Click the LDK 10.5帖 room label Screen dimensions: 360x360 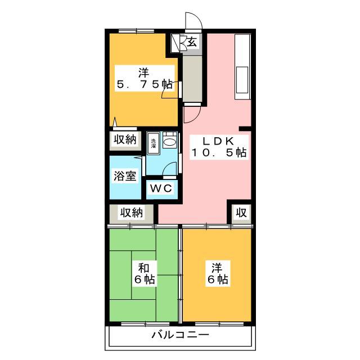click(x=219, y=147)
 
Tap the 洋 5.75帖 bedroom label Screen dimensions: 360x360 click(x=145, y=79)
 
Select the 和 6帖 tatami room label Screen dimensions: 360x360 click(x=145, y=273)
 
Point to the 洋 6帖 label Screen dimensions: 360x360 click(x=218, y=273)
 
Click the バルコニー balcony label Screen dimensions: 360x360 click(x=180, y=335)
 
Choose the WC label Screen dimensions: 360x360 click(x=161, y=188)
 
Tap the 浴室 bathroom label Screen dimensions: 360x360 click(x=125, y=176)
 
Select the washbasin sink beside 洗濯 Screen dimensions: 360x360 click(x=170, y=140)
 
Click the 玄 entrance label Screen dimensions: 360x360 click(x=192, y=42)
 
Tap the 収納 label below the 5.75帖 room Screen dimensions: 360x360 click(x=125, y=139)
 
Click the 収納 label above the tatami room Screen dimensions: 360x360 click(x=132, y=213)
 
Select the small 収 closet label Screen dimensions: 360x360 click(x=241, y=213)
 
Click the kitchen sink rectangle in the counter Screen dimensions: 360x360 click(x=242, y=80)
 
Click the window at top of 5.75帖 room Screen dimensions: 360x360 click(x=136, y=31)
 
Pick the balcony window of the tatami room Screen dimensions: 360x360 click(x=145, y=324)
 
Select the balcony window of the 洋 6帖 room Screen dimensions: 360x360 click(x=219, y=324)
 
